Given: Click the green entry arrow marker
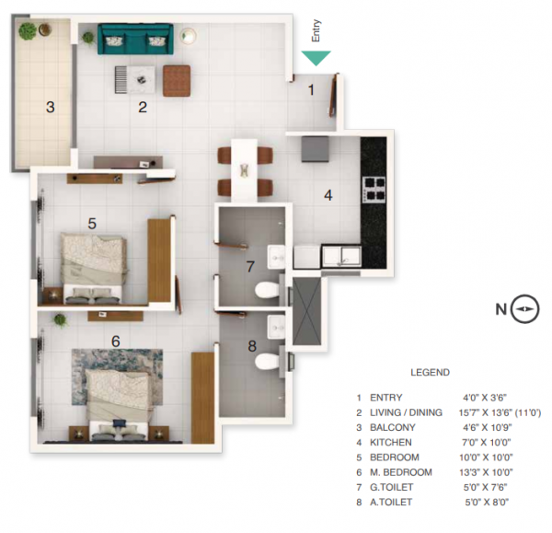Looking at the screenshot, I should tap(316, 57).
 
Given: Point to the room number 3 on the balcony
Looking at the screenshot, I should tap(51, 107).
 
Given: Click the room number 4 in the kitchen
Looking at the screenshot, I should tap(328, 195).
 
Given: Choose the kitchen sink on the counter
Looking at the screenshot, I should tap(339, 255).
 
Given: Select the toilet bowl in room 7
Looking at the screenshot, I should tap(266, 291).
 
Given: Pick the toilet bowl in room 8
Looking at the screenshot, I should tap(266, 361).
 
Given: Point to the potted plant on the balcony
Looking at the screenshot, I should tap(29, 31).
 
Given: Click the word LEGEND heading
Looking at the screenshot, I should tap(429, 373).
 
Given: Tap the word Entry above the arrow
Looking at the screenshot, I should tap(316, 34).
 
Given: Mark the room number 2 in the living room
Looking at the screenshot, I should tap(143, 107).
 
